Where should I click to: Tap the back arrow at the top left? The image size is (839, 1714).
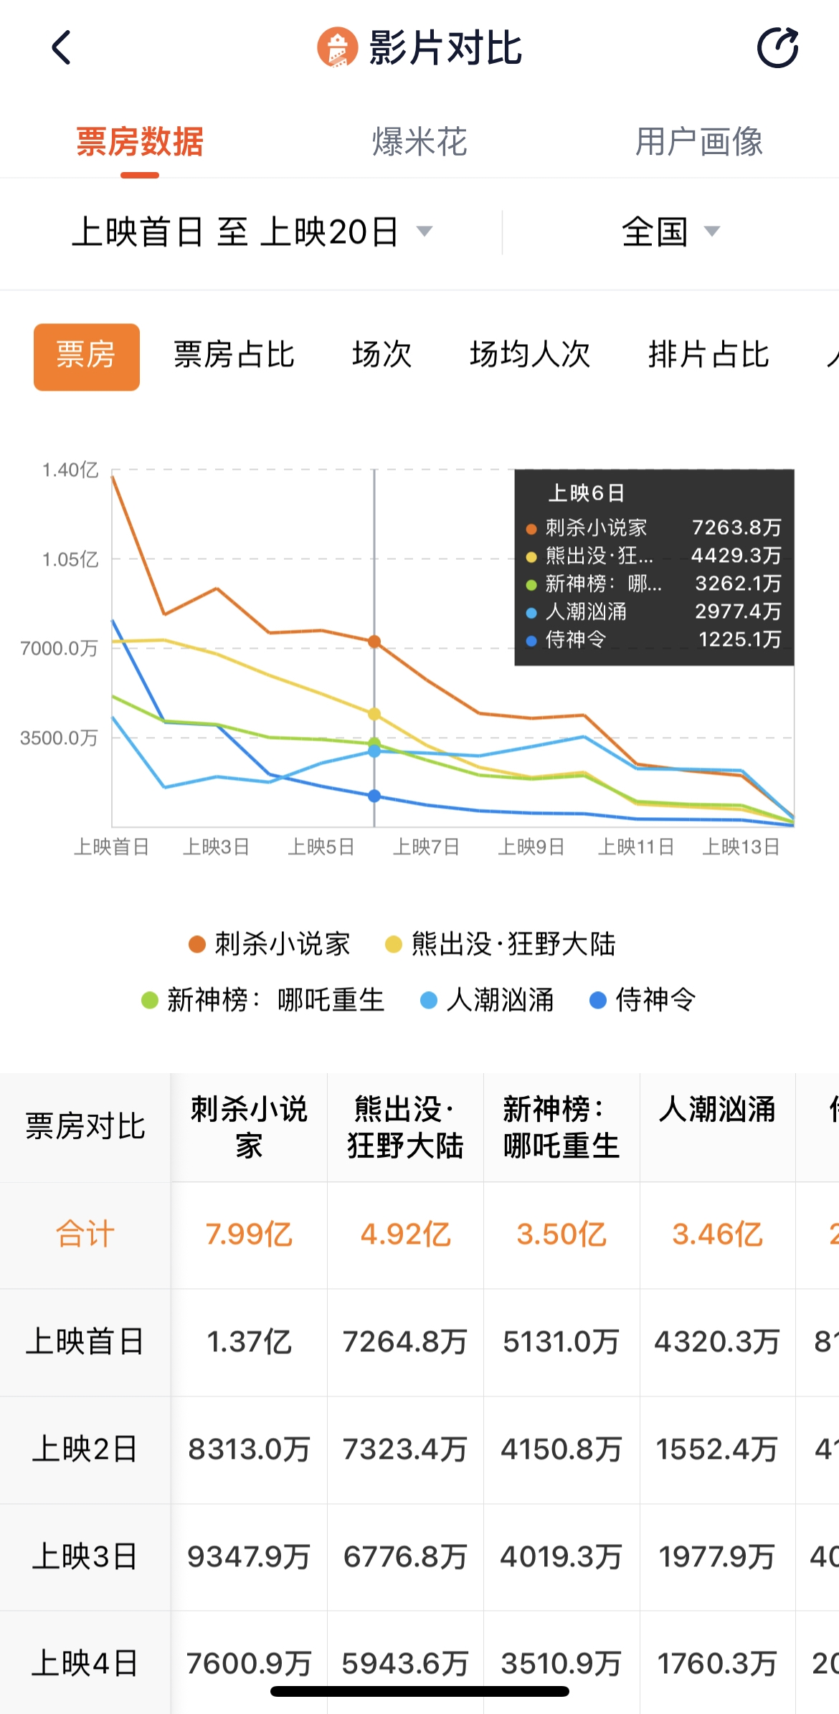click(62, 48)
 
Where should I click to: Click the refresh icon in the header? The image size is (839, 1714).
click(777, 48)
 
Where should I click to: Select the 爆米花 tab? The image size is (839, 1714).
click(419, 141)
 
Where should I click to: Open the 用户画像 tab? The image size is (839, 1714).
click(698, 141)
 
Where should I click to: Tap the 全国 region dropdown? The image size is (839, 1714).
click(670, 232)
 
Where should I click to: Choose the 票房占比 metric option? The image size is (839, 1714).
click(234, 355)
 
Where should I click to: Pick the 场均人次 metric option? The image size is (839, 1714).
click(529, 355)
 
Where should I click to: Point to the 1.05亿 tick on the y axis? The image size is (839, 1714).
click(70, 559)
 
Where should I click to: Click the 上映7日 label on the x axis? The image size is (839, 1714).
click(426, 847)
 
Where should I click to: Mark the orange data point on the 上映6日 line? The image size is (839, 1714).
click(374, 642)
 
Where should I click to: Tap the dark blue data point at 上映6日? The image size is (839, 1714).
click(374, 796)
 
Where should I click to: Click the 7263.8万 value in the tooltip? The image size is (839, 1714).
click(736, 528)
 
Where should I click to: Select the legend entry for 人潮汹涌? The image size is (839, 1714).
click(488, 1000)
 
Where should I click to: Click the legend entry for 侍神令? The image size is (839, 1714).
click(643, 1000)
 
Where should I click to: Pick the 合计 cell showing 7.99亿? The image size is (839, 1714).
click(249, 1234)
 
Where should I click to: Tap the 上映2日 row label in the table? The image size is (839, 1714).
click(85, 1449)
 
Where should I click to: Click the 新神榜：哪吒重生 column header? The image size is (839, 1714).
click(561, 1127)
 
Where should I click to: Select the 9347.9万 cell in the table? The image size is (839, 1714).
click(249, 1557)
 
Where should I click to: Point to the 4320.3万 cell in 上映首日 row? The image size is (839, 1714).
click(717, 1342)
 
